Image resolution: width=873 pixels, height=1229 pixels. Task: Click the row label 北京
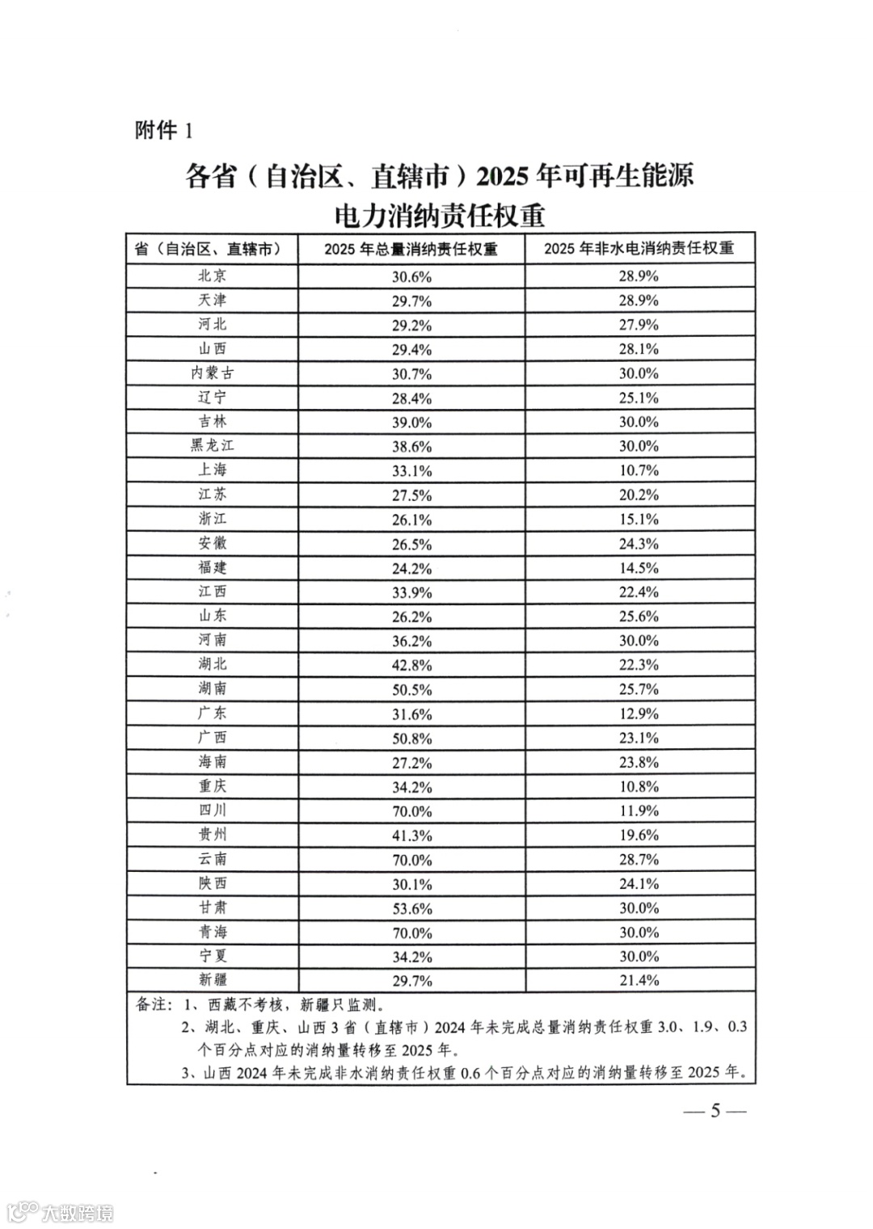tap(213, 276)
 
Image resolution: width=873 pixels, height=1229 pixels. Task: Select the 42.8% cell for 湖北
tap(412, 665)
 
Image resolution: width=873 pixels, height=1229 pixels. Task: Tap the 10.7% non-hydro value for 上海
tap(639, 470)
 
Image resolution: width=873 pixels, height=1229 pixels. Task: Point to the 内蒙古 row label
tap(213, 373)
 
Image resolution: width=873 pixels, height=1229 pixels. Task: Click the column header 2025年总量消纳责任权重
tap(411, 249)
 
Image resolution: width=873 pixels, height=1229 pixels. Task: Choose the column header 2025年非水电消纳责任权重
tap(639, 248)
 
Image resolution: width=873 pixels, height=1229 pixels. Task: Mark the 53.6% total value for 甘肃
tap(412, 908)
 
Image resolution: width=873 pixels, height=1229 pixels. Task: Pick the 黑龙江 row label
tap(213, 446)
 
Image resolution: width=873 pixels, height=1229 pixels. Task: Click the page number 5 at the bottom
tap(715, 1110)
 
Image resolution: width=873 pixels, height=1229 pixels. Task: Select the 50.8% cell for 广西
tap(412, 738)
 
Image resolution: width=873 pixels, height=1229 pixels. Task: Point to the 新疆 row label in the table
tap(213, 980)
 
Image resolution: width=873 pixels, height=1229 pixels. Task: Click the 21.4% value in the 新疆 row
tap(639, 980)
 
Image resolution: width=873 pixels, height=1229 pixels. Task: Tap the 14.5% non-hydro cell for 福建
tap(639, 568)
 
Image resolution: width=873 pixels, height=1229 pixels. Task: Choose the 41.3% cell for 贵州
tap(412, 835)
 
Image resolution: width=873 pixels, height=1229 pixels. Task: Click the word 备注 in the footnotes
tap(150, 1004)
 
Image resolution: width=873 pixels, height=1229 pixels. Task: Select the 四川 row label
tap(213, 810)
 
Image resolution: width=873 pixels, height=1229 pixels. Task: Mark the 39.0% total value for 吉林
tap(412, 422)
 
